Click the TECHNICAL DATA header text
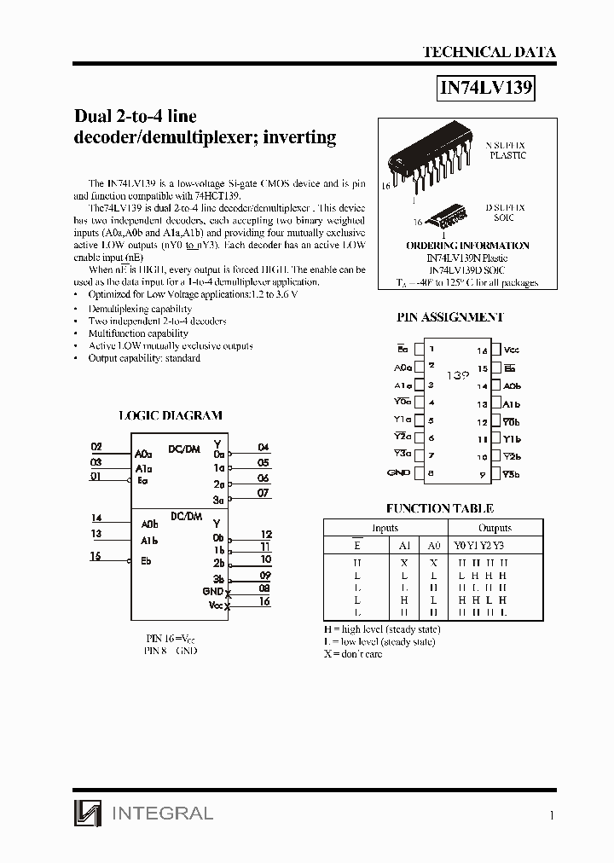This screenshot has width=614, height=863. (x=489, y=53)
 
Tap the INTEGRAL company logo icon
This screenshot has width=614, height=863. (x=87, y=814)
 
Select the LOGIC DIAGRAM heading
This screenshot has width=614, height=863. (x=169, y=415)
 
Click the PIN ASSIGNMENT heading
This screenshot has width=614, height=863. (x=450, y=317)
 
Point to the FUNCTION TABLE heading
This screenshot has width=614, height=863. (x=439, y=508)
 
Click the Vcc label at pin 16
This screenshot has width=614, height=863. (x=512, y=350)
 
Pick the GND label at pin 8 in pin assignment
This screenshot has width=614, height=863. (x=398, y=472)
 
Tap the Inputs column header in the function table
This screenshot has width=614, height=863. (x=385, y=528)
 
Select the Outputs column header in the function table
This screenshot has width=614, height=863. (x=495, y=528)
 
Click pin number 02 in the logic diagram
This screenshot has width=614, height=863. (x=96, y=447)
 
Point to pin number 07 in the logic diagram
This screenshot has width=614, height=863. (x=263, y=493)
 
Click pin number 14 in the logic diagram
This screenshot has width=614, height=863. (x=96, y=518)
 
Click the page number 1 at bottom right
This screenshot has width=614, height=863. (x=552, y=815)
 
